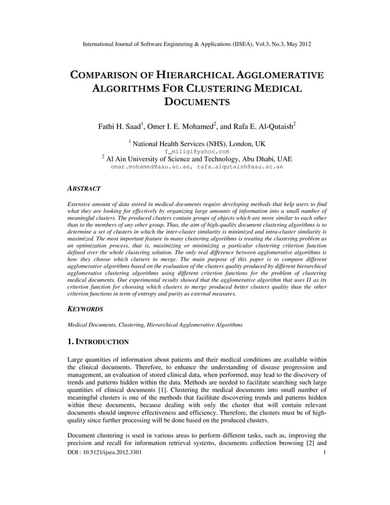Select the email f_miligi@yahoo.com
click(197, 151)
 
